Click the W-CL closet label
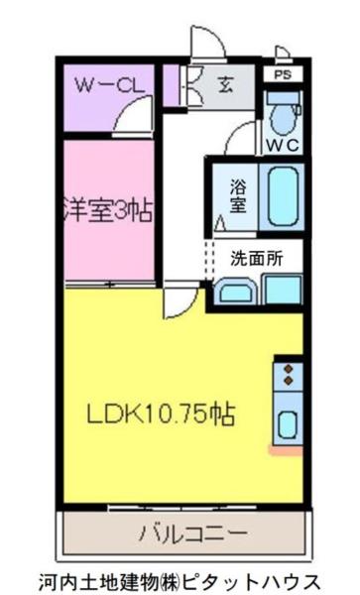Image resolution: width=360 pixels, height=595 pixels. click(x=109, y=85)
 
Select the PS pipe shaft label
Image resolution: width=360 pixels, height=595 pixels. click(x=282, y=73)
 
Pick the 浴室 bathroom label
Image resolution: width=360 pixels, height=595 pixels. click(x=239, y=194)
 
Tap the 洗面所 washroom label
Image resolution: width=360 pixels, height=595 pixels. click(x=257, y=259)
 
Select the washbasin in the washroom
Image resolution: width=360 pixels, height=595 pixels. click(x=235, y=292)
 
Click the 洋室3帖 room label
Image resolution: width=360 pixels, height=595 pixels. click(x=110, y=211)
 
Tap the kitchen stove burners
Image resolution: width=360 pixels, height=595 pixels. click(x=289, y=375)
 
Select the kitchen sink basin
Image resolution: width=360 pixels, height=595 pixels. click(x=288, y=423)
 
